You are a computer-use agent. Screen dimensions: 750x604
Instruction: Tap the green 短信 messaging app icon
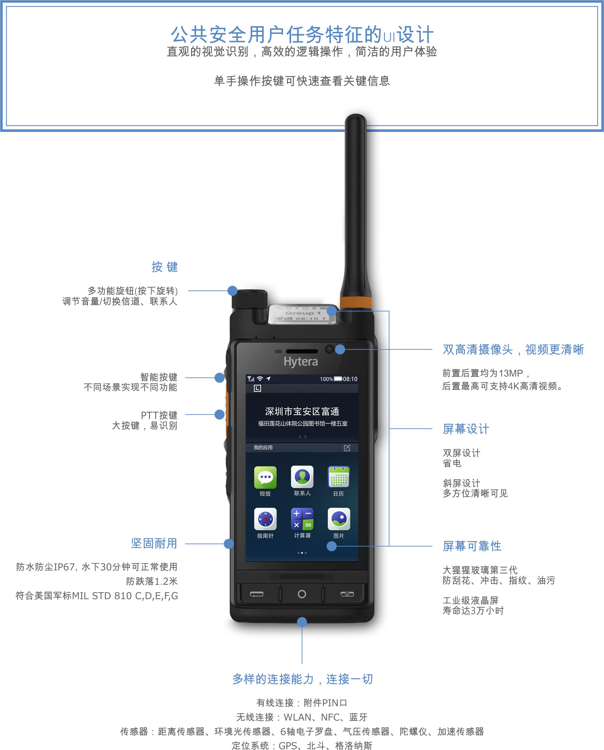(x=265, y=477)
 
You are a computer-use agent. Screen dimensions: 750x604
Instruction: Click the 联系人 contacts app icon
(x=302, y=477)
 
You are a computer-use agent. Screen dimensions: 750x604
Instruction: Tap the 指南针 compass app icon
(x=265, y=519)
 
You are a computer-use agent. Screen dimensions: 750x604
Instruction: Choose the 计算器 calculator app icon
(x=302, y=519)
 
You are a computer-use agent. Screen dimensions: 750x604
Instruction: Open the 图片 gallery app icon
(x=338, y=519)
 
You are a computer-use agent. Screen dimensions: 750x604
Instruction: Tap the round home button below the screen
(x=302, y=594)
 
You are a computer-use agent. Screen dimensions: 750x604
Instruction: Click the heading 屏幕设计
(x=466, y=429)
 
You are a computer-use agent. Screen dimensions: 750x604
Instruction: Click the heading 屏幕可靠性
(x=472, y=546)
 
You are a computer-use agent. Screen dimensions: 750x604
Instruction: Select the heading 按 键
(x=164, y=267)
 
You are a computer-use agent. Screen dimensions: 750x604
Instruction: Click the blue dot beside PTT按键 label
(x=219, y=414)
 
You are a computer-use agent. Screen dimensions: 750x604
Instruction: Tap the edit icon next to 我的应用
(x=347, y=448)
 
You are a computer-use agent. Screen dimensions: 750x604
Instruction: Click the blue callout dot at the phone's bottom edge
(x=302, y=622)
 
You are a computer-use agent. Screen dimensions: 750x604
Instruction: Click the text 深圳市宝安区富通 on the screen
(x=302, y=412)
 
